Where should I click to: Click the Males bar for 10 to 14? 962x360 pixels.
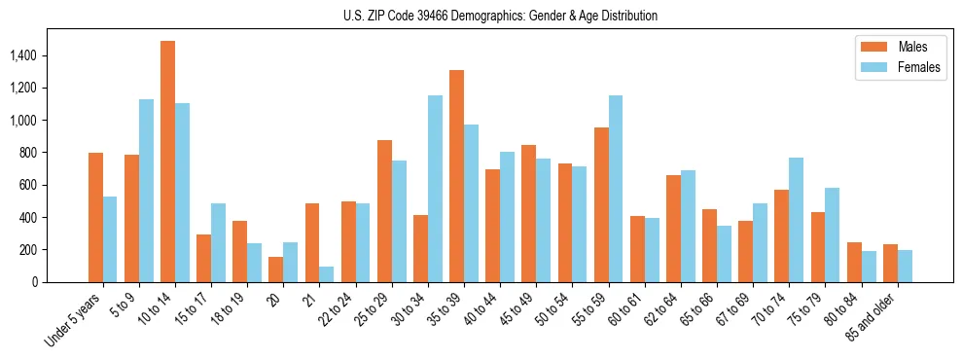(167, 162)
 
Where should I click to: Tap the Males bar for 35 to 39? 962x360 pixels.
(456, 176)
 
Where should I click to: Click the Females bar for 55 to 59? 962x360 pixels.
(616, 189)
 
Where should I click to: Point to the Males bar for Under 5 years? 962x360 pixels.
(95, 217)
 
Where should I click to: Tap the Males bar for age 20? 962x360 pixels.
(276, 270)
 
